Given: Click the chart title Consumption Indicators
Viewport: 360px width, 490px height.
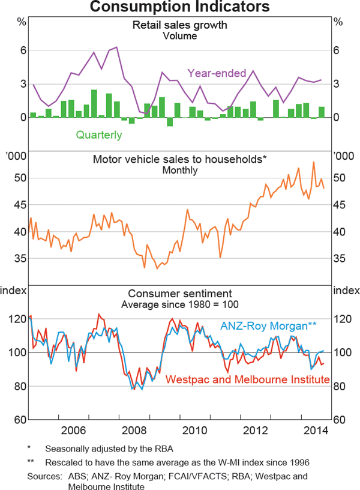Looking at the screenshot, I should pyautogui.click(x=180, y=7).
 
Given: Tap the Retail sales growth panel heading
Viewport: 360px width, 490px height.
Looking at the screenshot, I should pyautogui.click(x=180, y=26).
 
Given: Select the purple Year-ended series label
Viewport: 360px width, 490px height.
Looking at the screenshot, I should pyautogui.click(x=217, y=73).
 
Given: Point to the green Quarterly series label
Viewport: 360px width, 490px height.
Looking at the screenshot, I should pyautogui.click(x=99, y=135).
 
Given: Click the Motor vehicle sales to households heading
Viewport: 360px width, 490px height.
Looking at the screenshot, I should pyautogui.click(x=179, y=160).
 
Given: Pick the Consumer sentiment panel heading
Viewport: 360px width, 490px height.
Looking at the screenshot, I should pyautogui.click(x=180, y=294).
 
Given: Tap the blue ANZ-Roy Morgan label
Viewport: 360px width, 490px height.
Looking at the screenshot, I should pyautogui.click(x=268, y=326).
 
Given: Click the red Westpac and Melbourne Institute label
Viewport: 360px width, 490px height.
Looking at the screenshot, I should pyautogui.click(x=247, y=380).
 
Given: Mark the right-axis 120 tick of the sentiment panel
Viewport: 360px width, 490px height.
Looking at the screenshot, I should pyautogui.click(x=342, y=319).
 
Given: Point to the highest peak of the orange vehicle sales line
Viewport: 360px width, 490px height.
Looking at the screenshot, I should pyautogui.click(x=313, y=162).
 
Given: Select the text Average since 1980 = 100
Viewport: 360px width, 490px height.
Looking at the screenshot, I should pyautogui.click(x=180, y=304).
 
